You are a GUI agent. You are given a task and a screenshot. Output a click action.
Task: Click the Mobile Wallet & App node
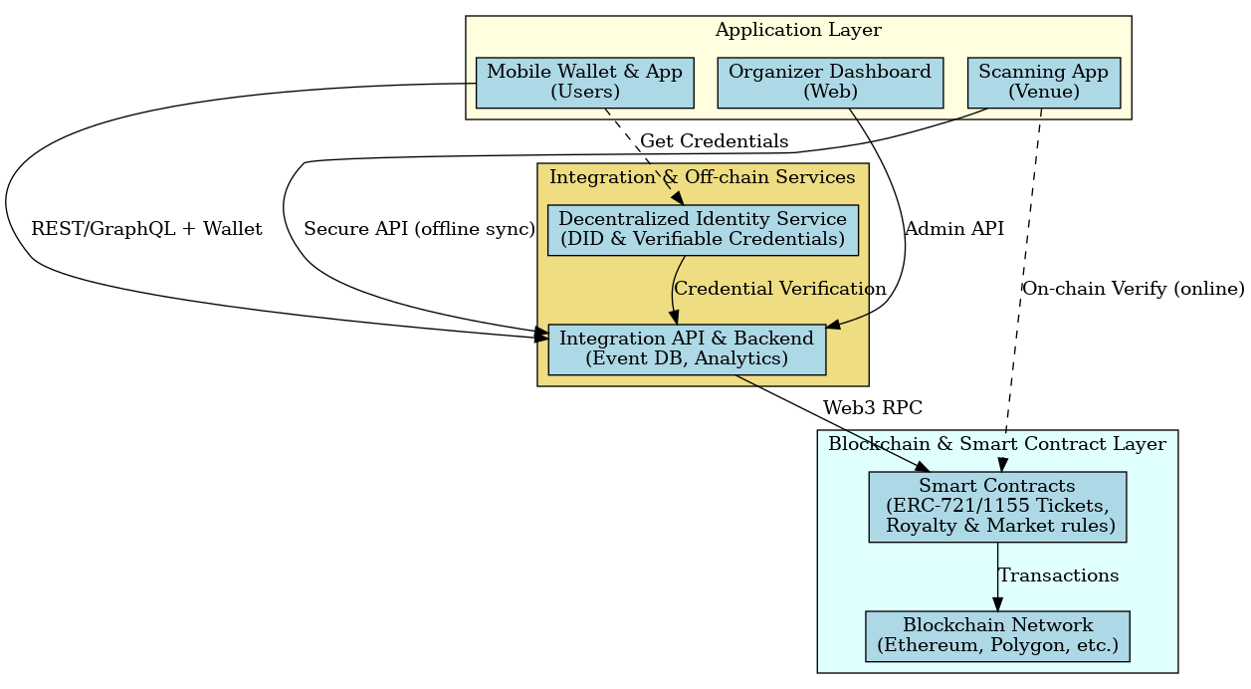tap(584, 83)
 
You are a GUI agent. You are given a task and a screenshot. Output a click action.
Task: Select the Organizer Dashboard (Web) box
tap(830, 83)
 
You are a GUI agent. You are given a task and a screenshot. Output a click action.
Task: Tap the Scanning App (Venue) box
tap(1044, 83)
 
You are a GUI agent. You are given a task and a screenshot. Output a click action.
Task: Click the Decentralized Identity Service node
tap(703, 230)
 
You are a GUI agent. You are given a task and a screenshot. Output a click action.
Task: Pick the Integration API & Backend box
tap(687, 349)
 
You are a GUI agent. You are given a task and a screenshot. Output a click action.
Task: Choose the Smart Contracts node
tap(997, 507)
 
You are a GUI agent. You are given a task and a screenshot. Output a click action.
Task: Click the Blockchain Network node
tap(997, 635)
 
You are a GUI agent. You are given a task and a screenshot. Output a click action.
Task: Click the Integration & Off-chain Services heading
tap(703, 177)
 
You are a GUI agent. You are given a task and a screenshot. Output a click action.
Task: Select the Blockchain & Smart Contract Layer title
tap(997, 444)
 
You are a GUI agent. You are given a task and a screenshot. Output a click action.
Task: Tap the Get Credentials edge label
tap(714, 140)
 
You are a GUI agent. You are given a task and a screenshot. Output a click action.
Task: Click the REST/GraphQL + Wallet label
tap(146, 229)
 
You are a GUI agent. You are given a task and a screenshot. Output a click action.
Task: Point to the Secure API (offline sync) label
tap(419, 229)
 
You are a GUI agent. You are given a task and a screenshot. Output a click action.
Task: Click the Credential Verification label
tap(779, 289)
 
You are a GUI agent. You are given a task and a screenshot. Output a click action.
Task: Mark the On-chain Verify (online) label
tap(1133, 289)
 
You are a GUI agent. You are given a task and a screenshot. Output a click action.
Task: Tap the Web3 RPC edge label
tap(872, 407)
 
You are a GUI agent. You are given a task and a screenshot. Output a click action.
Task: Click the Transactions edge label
tap(1058, 575)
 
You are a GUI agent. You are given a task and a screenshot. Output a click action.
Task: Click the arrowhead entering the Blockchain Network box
tap(997, 603)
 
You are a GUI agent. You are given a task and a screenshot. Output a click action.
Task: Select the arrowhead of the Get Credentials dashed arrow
tap(676, 197)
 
